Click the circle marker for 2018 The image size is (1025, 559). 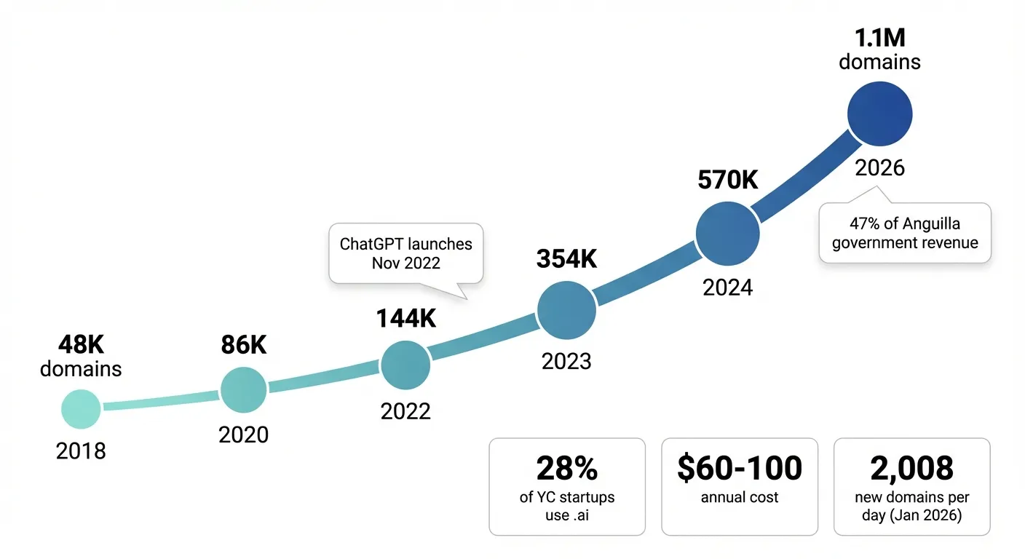point(81,408)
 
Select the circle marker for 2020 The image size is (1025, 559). point(244,390)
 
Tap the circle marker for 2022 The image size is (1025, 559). point(405,365)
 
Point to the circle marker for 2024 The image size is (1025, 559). point(727,234)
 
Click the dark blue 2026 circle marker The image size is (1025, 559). point(879,114)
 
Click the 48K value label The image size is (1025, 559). point(81,344)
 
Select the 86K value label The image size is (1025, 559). point(244,345)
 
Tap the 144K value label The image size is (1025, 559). point(405,318)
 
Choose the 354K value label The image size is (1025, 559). point(566,258)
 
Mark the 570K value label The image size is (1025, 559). point(727,180)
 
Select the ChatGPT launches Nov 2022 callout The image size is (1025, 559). point(405,253)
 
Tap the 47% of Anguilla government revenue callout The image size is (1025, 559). point(905,233)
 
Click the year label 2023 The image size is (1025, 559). point(566,361)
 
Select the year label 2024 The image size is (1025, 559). point(727,288)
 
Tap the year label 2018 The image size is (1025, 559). point(81,451)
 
